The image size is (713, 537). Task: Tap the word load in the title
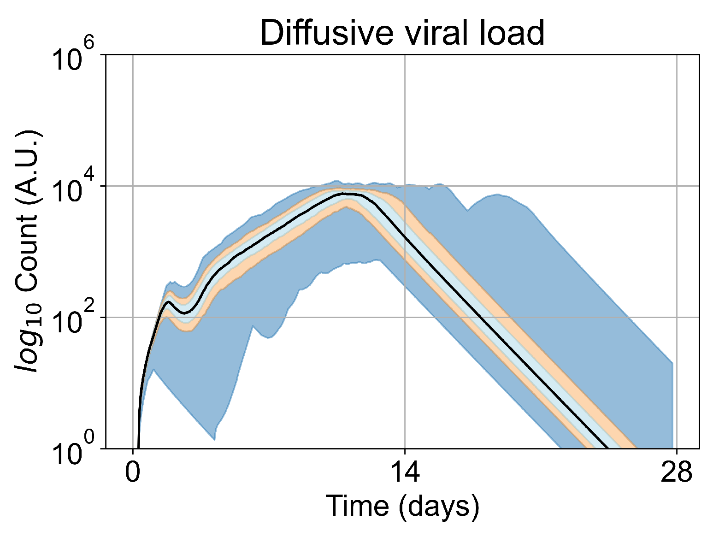(512, 33)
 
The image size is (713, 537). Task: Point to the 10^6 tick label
(74, 60)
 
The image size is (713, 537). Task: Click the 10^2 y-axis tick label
(74, 322)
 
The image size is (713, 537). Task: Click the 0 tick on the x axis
(133, 473)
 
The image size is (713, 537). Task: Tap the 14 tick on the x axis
(405, 473)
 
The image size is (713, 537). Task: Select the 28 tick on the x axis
(676, 473)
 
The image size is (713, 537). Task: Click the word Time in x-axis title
(357, 506)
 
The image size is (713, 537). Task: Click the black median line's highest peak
(346, 194)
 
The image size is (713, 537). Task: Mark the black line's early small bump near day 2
(169, 302)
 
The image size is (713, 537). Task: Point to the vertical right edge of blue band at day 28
(672, 406)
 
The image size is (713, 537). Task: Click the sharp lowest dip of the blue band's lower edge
(214, 439)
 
